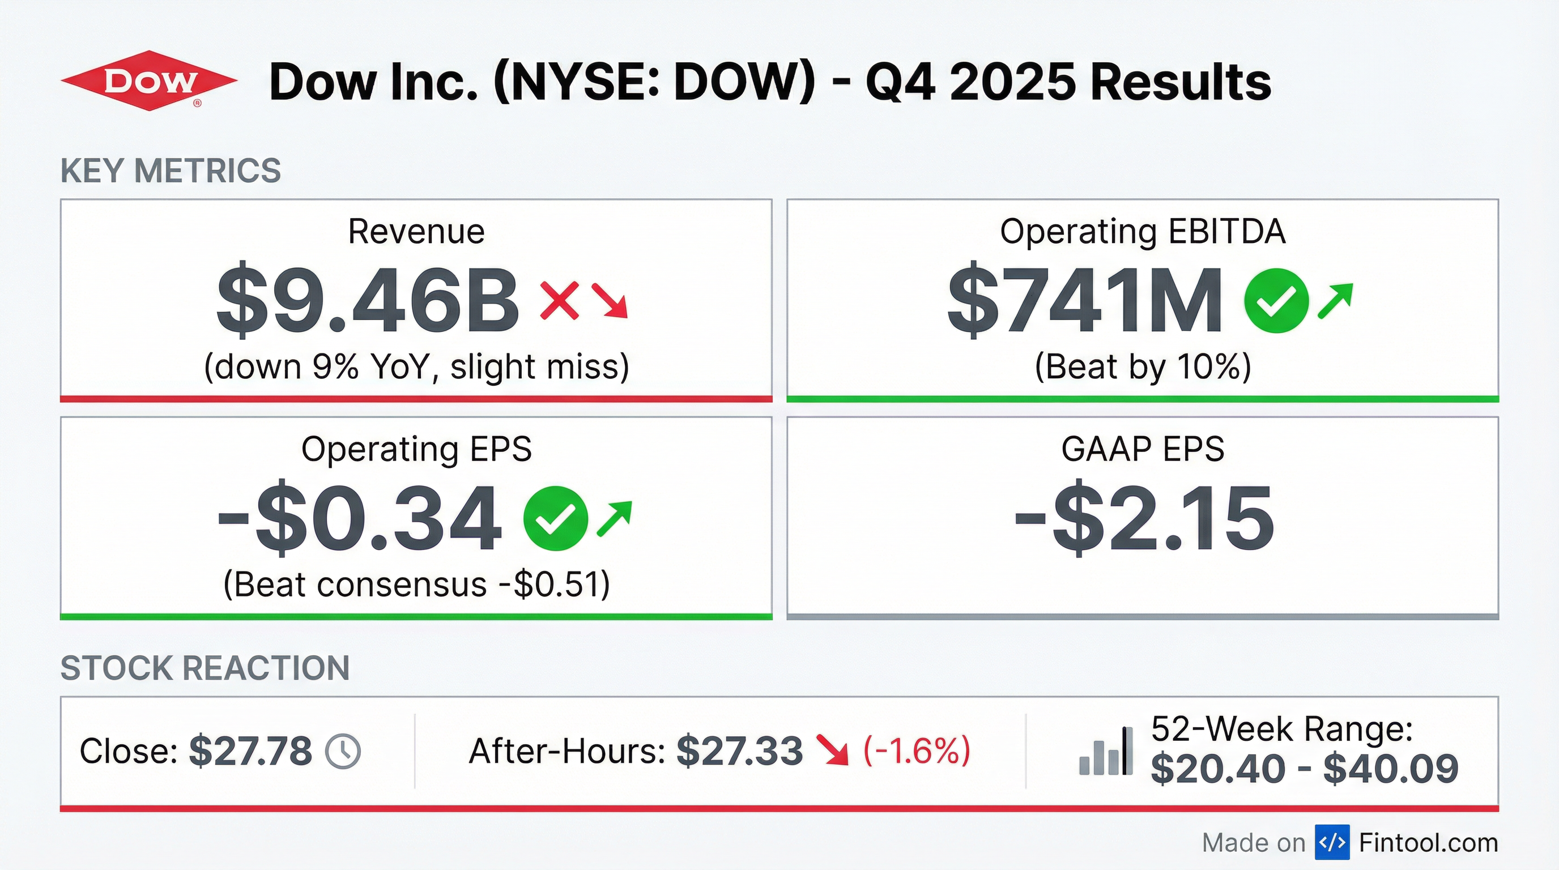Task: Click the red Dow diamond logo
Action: pos(149,81)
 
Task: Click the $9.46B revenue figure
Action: pos(367,300)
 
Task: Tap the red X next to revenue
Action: pos(559,300)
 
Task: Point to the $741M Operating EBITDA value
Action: pos(1084,300)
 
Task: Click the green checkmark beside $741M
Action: pos(1276,301)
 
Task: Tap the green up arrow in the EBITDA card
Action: pos(1335,300)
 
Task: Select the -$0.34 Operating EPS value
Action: pos(360,518)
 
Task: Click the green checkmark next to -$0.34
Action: pos(555,518)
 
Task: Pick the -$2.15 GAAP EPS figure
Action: pos(1144,518)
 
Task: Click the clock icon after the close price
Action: pos(343,752)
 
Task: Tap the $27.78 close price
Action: pos(250,752)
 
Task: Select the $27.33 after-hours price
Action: pos(739,752)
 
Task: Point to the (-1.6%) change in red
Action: pos(916,751)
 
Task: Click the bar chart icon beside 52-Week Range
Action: pos(1106,752)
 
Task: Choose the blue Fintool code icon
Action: pos(1332,842)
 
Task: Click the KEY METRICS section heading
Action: pos(171,170)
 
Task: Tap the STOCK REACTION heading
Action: pos(205,668)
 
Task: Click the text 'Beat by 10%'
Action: pos(1143,366)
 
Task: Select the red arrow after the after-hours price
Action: pos(832,750)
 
